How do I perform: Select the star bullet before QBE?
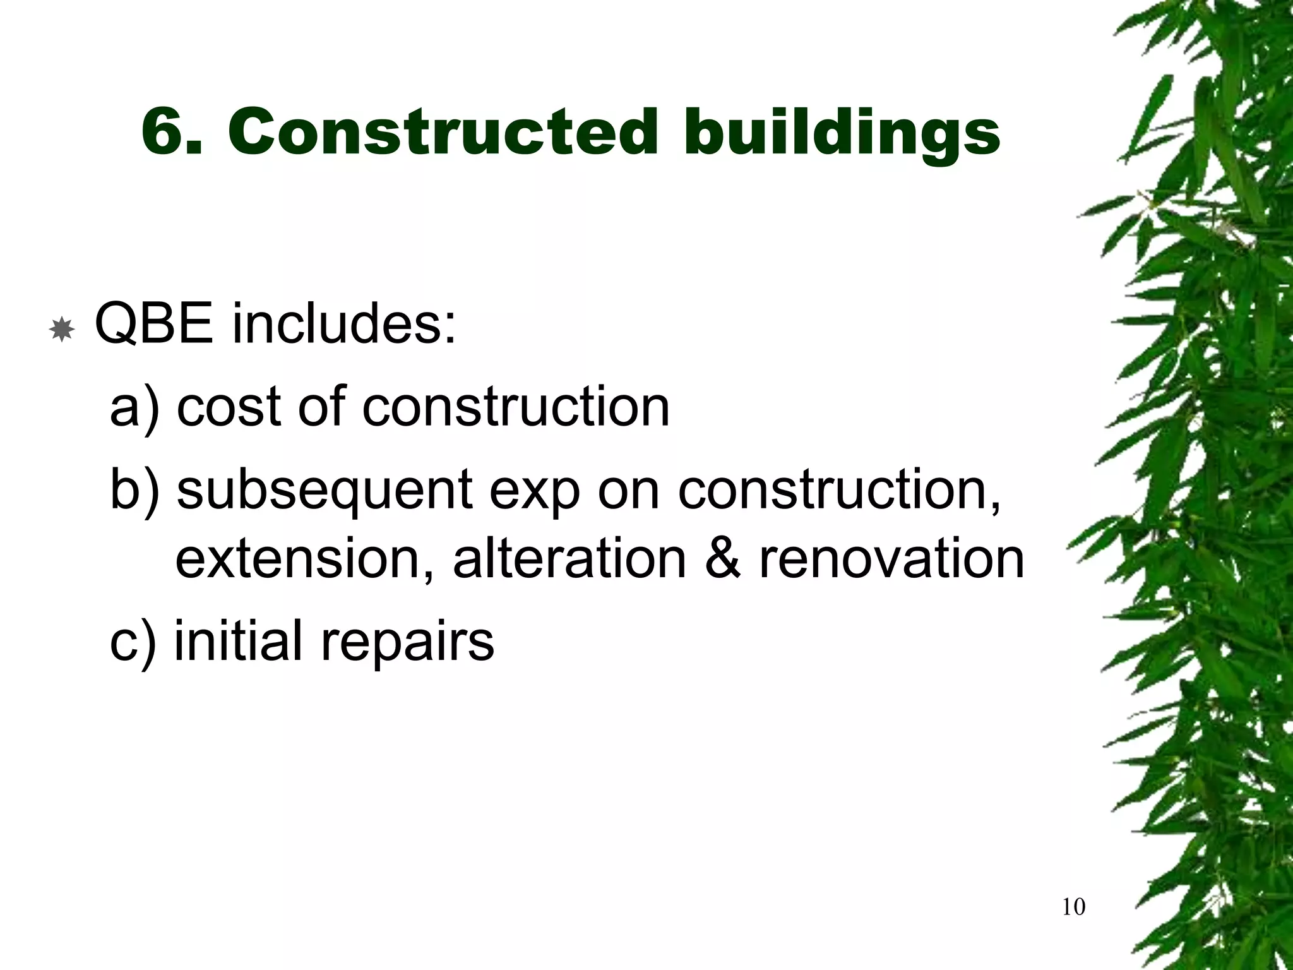pos(62,330)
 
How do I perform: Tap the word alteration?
pos(569,558)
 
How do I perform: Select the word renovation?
pos(891,558)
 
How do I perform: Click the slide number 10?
pos(1074,907)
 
